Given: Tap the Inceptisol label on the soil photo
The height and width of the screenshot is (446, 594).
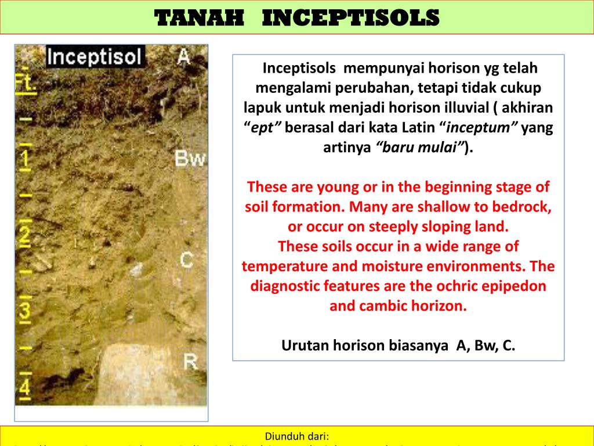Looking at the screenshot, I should tap(95, 57).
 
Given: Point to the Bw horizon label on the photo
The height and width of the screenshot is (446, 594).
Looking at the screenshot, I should tap(190, 159).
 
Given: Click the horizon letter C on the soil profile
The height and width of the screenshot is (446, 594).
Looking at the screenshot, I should tap(186, 259).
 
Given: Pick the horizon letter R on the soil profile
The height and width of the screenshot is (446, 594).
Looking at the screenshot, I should tap(191, 360).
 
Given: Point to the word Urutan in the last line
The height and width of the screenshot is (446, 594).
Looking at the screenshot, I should tap(303, 346).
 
